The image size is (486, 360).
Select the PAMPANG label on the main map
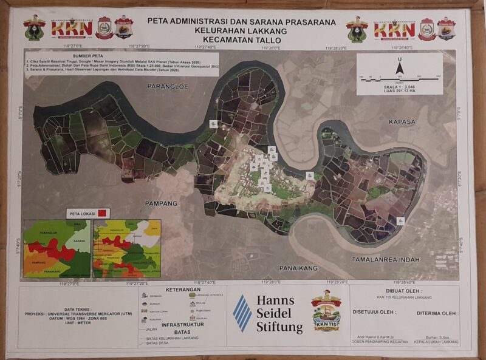point(161,203)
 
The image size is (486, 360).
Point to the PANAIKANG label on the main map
point(298,267)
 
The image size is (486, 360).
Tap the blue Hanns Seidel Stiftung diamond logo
point(242,313)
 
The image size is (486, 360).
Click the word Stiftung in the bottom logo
point(279,328)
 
